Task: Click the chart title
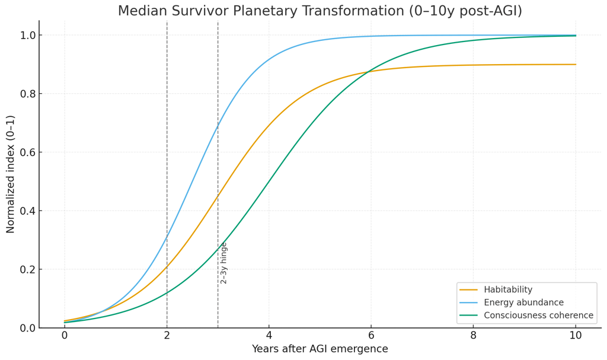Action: point(320,11)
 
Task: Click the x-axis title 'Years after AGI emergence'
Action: point(320,349)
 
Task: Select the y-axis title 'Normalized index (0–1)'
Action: point(11,174)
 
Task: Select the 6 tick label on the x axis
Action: point(371,336)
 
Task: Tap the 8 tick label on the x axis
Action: point(473,336)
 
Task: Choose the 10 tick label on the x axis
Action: point(575,336)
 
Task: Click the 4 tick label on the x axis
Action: point(269,336)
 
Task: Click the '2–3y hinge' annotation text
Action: point(224,263)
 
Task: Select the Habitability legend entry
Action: point(508,290)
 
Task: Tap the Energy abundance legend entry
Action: point(523,302)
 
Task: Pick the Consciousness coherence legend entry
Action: point(538,316)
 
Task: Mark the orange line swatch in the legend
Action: point(468,290)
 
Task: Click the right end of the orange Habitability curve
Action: point(575,65)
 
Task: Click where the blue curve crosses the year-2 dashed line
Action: point(167,236)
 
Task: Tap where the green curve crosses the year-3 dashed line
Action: point(218,250)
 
